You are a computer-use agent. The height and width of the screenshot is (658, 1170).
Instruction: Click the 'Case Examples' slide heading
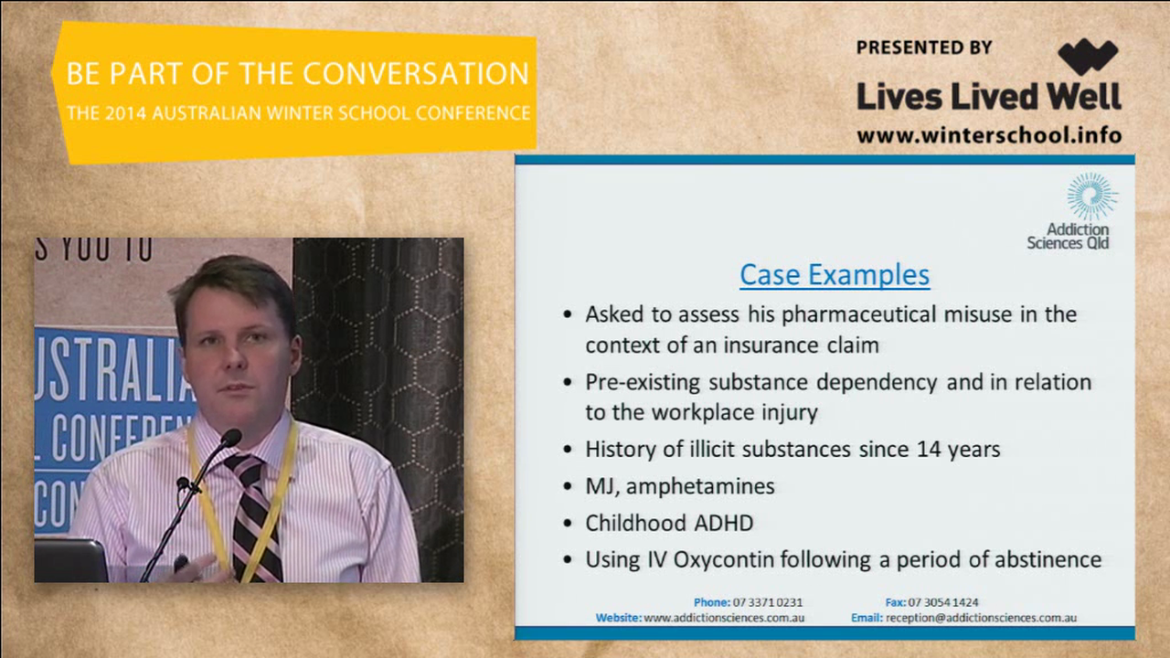point(835,274)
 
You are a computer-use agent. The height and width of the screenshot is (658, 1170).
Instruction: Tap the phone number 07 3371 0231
point(768,602)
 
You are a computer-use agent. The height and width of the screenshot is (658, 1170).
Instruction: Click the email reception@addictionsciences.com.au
point(981,618)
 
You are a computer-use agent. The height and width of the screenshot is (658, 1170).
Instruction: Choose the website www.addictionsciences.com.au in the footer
point(724,618)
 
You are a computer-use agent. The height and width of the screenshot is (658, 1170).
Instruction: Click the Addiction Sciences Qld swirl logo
point(1091,196)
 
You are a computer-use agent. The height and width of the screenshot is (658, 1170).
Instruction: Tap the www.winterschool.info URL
point(989,135)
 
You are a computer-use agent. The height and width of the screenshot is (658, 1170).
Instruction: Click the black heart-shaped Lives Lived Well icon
point(1088,58)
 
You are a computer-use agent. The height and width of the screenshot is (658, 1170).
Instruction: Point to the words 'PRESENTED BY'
point(923,48)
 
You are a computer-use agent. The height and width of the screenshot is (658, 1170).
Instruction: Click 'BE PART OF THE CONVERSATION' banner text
point(297,74)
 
